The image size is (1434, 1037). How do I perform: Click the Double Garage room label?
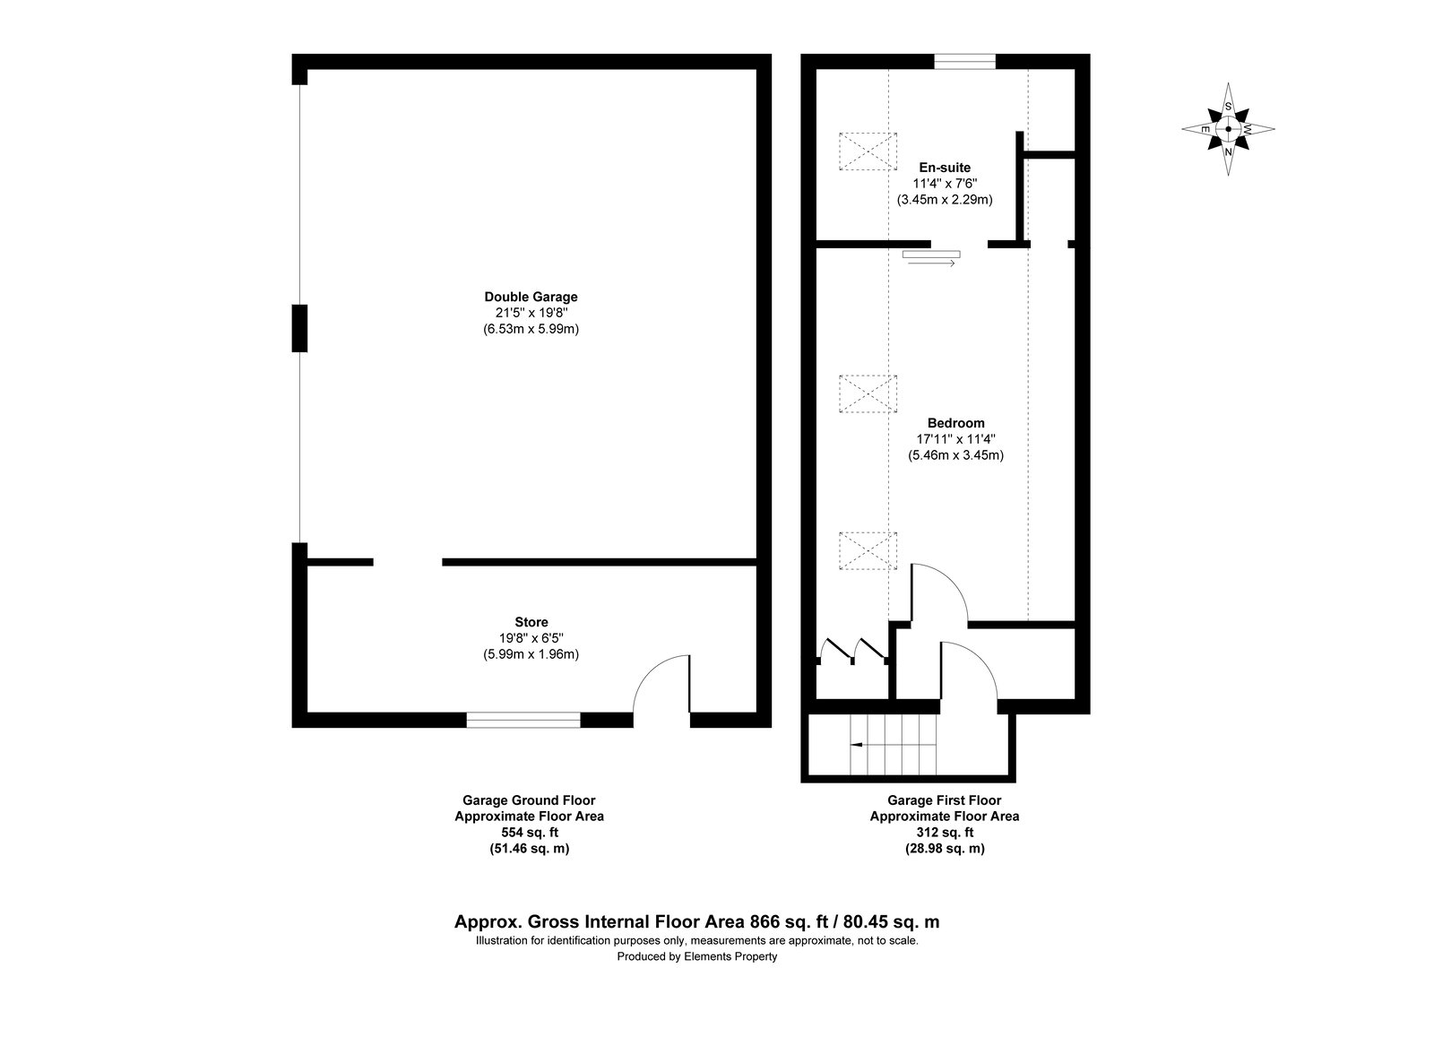point(531,297)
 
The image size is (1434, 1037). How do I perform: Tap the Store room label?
point(531,622)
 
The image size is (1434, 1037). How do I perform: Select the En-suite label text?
point(945,168)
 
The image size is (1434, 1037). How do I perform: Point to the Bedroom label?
point(955,423)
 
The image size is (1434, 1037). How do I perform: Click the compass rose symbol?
point(1228,129)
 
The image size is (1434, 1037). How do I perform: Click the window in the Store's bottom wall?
point(523,720)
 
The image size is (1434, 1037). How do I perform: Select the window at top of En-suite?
point(964,62)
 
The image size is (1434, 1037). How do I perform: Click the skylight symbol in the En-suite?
point(868,151)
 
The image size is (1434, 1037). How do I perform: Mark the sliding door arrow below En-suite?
point(932,264)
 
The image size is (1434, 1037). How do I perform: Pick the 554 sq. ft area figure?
point(530,833)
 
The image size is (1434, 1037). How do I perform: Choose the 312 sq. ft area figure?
point(945,833)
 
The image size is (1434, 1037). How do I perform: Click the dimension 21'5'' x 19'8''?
point(531,313)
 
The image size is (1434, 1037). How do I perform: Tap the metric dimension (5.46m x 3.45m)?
point(955,456)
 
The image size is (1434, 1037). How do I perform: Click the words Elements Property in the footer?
point(730,956)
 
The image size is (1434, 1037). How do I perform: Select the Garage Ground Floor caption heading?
point(530,800)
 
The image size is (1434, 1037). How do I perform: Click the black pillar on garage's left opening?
point(299,328)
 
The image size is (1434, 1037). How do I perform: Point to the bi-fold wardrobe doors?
point(852,651)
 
